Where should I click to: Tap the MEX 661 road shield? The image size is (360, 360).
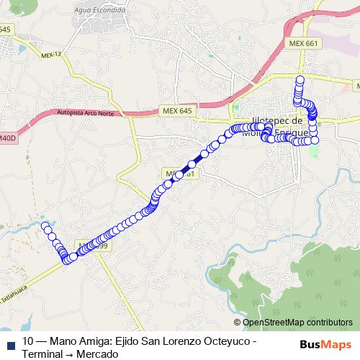click(303, 44)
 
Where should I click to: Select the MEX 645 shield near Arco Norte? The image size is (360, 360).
click(176, 110)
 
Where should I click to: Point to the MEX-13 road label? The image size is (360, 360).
click(50, 54)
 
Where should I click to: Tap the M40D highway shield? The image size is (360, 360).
click(6, 138)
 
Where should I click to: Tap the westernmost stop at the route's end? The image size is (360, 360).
click(45, 226)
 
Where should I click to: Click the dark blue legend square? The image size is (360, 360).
click(10, 343)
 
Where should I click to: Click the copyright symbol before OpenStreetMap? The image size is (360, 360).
click(238, 322)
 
